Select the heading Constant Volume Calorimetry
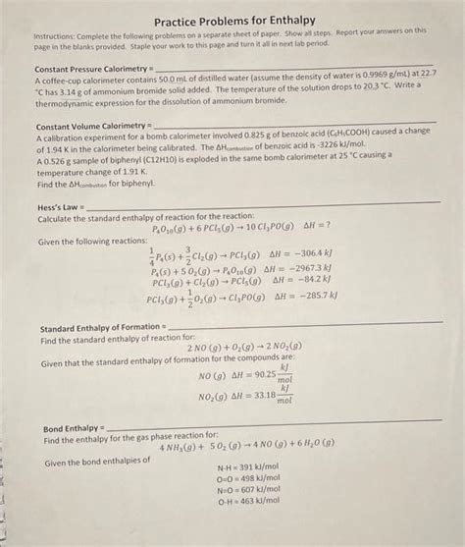90,128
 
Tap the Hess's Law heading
60,205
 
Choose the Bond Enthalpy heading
73,430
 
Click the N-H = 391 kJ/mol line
250,469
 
